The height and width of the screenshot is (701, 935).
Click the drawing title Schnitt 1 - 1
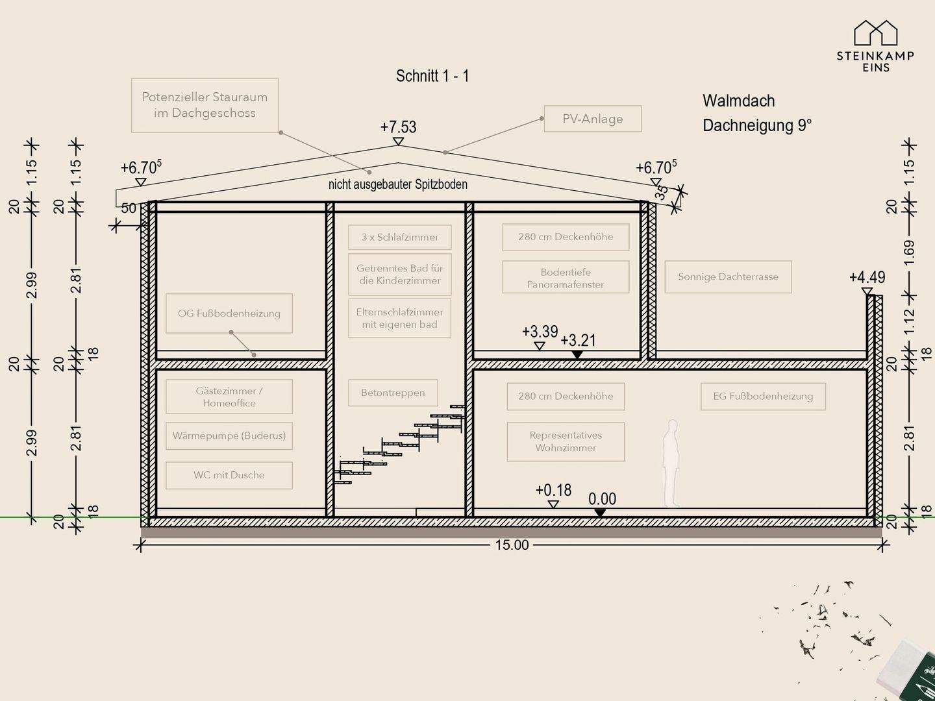432,76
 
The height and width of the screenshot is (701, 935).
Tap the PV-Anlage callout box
593,119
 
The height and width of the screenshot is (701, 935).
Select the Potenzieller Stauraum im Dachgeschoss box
205,105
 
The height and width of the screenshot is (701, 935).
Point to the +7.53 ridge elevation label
398,127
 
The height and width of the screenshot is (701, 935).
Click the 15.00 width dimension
512,545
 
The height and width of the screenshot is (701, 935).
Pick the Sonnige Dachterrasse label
728,277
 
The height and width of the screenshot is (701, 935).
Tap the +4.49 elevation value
867,278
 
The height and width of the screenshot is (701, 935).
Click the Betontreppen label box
393,393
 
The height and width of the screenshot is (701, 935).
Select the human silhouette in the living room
671,463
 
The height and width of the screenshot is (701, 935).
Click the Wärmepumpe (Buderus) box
229,436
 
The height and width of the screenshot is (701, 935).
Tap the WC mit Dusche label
229,475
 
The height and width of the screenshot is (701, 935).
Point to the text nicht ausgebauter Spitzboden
398,184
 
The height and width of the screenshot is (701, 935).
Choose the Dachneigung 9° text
757,125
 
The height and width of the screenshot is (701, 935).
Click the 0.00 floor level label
603,499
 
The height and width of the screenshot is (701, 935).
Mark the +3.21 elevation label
578,341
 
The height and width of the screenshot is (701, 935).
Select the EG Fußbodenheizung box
764,396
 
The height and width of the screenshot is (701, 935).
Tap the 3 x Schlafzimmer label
400,237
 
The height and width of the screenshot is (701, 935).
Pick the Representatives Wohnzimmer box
566,442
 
